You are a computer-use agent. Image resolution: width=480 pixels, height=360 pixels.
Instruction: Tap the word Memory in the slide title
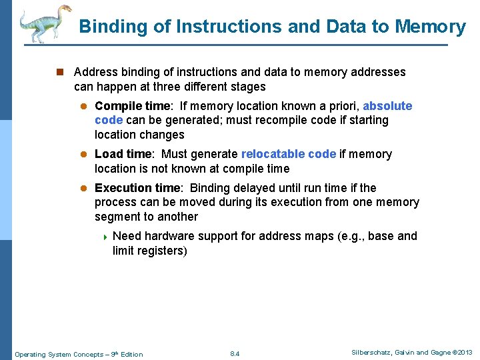pos(430,27)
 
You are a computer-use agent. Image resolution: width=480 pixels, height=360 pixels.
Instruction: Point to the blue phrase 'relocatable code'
pos(289,154)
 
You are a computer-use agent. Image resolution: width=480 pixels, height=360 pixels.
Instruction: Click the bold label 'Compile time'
pos(132,107)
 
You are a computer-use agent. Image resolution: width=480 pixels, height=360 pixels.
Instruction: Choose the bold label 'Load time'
pos(123,154)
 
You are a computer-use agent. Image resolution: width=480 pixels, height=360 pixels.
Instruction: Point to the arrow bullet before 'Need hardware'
pos(105,237)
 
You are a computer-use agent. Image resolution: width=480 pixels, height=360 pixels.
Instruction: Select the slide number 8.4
pos(235,353)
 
